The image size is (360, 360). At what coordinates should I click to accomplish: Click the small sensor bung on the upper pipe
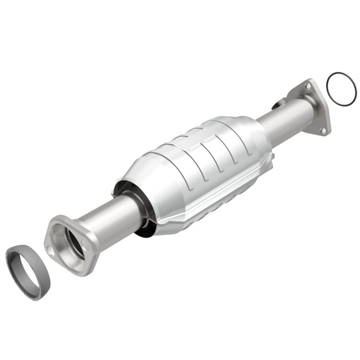[278, 104]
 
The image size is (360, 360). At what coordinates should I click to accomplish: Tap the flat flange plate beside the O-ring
[315, 108]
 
